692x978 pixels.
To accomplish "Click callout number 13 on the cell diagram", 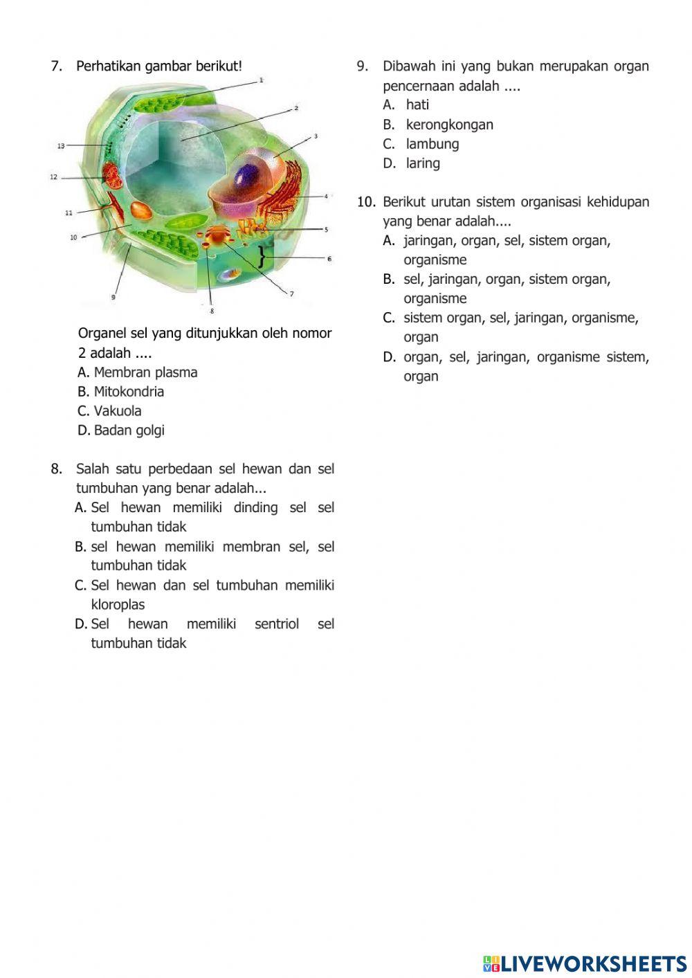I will [61, 146].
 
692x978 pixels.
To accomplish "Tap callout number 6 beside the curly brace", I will [329, 259].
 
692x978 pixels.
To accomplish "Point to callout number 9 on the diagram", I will [113, 297].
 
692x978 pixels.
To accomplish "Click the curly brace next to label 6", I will [262, 257].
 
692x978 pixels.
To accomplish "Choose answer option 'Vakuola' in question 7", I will [117, 410].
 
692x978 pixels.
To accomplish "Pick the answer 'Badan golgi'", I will [129, 430].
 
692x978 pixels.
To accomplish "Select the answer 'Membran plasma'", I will [145, 372].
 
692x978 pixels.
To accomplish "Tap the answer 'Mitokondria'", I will [129, 391].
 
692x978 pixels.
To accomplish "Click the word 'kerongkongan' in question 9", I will [449, 125].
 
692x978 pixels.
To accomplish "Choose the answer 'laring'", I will [422, 163].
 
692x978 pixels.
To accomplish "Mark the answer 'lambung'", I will [432, 144].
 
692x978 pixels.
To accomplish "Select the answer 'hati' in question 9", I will [417, 105].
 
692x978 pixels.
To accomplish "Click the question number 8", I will [56, 469].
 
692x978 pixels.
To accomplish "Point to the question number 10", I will [366, 202].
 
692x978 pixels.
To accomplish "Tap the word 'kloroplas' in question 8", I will [118, 604].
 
